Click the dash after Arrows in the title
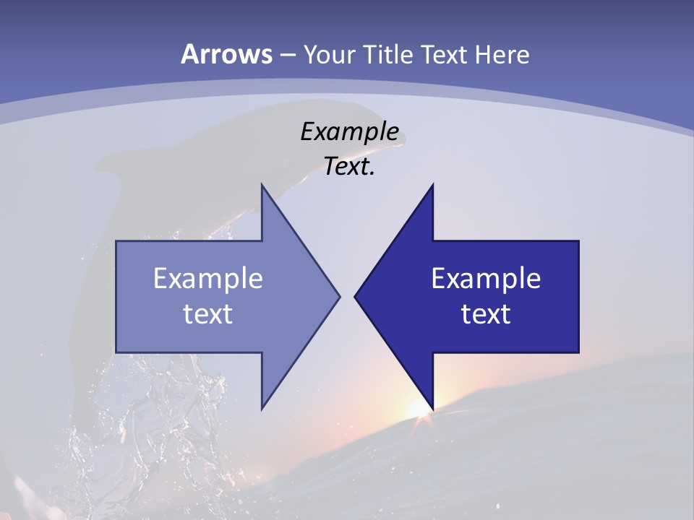(287, 55)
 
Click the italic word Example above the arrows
(349, 131)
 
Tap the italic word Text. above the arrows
(349, 167)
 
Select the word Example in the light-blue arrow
(208, 278)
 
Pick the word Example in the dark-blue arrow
(486, 278)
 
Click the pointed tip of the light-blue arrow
(339, 296)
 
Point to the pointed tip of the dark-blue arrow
(355, 296)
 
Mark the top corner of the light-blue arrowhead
(262, 185)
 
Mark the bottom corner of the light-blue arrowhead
(262, 409)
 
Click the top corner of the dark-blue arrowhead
(433, 185)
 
